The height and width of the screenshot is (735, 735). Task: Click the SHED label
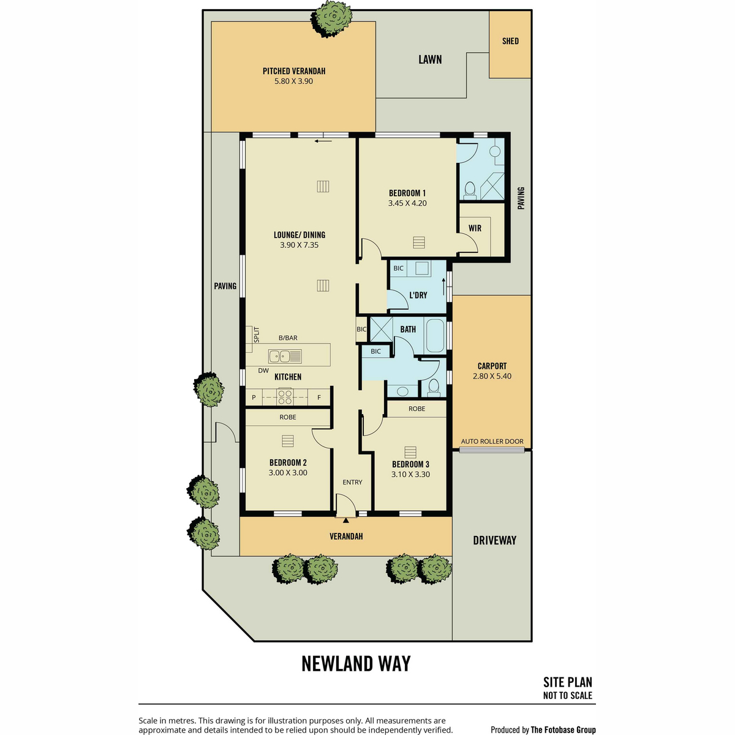pyautogui.click(x=510, y=41)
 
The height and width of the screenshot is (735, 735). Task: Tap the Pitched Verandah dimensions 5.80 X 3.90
pyautogui.click(x=294, y=81)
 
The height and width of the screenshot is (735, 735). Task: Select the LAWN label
pyautogui.click(x=430, y=59)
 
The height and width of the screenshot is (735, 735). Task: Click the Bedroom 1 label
pyautogui.click(x=407, y=193)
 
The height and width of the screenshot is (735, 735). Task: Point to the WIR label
pyautogui.click(x=475, y=228)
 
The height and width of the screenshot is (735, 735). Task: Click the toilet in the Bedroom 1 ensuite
pyautogui.click(x=470, y=190)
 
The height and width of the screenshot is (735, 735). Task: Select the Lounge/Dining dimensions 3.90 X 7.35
pyautogui.click(x=300, y=245)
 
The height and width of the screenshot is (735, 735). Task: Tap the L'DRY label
pyautogui.click(x=418, y=295)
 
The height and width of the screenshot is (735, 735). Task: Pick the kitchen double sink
pyautogui.click(x=285, y=355)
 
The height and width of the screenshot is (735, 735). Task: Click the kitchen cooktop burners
pyautogui.click(x=285, y=398)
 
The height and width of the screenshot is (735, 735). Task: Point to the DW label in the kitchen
pyautogui.click(x=263, y=371)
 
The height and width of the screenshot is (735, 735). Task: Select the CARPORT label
pyautogui.click(x=492, y=366)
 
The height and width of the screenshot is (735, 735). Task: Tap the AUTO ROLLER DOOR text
pyautogui.click(x=492, y=441)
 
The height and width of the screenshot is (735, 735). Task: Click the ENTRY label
pyautogui.click(x=352, y=483)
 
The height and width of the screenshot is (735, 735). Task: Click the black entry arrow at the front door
pyautogui.click(x=346, y=520)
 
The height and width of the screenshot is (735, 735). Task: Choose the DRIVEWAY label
pyautogui.click(x=494, y=540)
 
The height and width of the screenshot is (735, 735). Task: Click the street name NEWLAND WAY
pyautogui.click(x=356, y=663)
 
